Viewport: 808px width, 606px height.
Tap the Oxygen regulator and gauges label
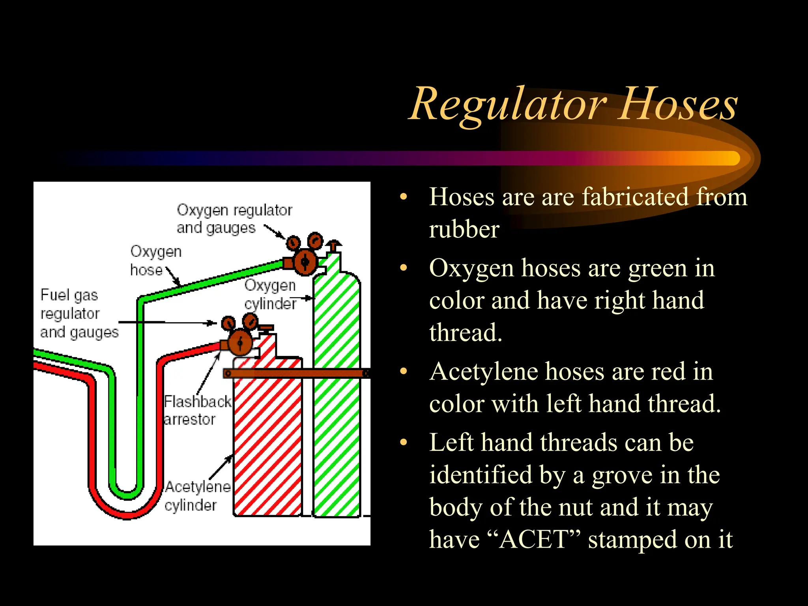(234, 219)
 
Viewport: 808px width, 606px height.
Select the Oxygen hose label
(155, 260)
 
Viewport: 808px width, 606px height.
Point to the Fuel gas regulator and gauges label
(79, 313)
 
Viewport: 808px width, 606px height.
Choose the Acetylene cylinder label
(197, 496)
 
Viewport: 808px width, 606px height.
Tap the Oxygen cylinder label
(270, 294)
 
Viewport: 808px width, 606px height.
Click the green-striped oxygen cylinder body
(337, 434)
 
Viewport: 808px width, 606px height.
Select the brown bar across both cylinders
(296, 373)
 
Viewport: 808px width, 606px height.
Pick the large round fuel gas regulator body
(239, 342)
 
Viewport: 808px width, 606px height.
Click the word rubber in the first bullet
(464, 230)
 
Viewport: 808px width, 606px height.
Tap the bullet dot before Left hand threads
(403, 443)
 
